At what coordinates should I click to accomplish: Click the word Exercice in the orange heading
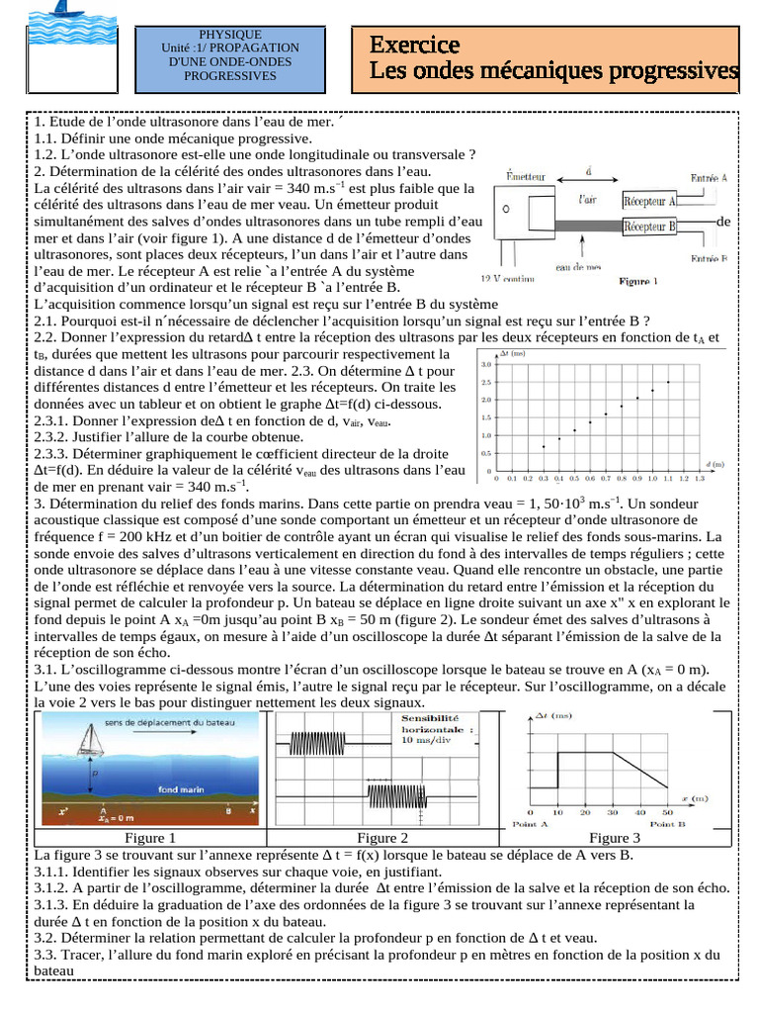(414, 46)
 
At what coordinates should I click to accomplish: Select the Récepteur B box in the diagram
(649, 227)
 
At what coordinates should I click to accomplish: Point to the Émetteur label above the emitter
(525, 176)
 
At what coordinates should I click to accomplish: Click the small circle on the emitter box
(506, 210)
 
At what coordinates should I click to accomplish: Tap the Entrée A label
(709, 179)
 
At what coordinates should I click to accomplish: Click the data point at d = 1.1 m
(669, 382)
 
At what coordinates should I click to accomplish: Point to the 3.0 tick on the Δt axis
(485, 364)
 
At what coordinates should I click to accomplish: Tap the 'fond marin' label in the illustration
(182, 788)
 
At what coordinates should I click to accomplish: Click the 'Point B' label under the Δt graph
(667, 823)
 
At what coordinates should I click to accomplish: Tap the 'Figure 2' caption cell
(382, 838)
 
